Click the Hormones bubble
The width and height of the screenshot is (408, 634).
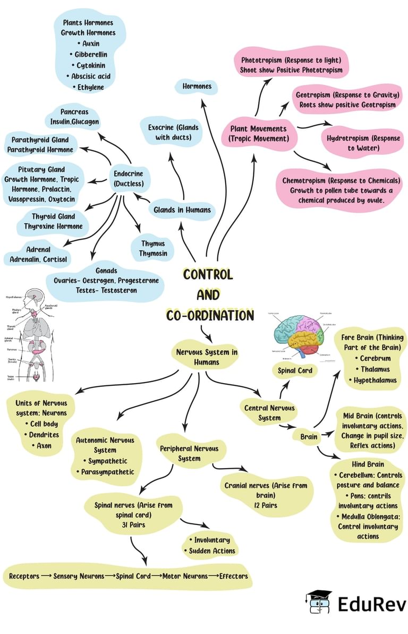197,86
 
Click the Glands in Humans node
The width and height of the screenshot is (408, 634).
182,210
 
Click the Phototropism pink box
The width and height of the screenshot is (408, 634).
291,65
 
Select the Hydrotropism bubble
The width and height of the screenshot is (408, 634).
363,143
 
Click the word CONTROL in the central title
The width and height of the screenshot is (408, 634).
208,275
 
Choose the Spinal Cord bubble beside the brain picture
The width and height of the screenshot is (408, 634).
295,370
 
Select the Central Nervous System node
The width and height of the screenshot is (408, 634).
269,413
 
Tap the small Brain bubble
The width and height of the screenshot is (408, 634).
309,437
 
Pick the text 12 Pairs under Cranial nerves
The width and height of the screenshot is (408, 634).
265,505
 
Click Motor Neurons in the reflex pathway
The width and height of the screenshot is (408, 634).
185,576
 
